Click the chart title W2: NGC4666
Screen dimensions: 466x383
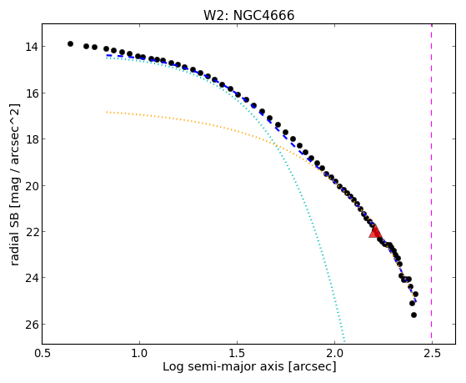click(248, 15)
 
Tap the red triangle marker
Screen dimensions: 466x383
click(375, 231)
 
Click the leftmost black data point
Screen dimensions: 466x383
click(70, 43)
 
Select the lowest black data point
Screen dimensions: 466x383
click(413, 315)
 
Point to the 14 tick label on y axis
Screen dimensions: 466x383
click(31, 47)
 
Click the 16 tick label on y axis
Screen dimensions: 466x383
click(31, 93)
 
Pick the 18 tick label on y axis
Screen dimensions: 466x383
click(31, 139)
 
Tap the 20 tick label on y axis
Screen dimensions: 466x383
click(31, 186)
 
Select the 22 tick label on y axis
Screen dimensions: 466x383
click(31, 231)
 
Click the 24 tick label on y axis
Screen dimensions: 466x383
click(31, 278)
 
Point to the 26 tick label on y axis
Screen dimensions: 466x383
click(31, 324)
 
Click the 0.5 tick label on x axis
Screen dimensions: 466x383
click(43, 353)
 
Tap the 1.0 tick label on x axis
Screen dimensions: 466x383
click(139, 353)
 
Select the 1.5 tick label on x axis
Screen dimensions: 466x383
click(237, 353)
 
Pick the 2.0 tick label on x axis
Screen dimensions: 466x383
click(334, 353)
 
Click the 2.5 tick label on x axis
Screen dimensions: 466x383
click(432, 353)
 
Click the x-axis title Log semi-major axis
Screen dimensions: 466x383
click(223, 366)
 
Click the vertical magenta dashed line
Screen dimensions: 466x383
click(432, 184)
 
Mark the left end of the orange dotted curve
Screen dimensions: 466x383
click(107, 112)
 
